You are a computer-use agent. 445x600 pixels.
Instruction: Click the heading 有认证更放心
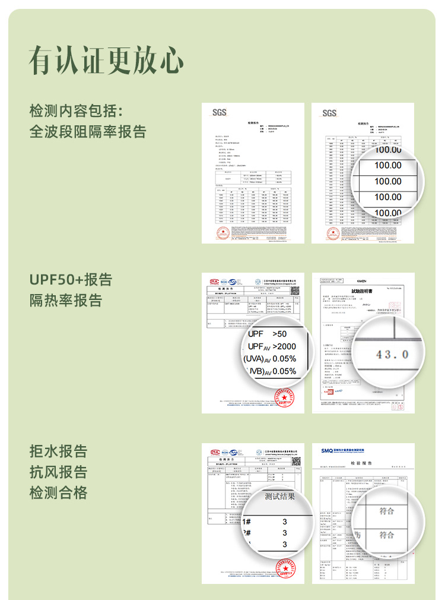pos(106,59)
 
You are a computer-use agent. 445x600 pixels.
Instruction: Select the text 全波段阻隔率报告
pos(88,131)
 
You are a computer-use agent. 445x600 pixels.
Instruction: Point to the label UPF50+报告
pos(71,280)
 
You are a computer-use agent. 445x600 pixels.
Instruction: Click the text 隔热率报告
pos(66,300)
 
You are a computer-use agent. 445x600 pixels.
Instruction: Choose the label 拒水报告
pos(58,451)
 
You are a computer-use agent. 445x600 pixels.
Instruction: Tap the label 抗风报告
pos(58,472)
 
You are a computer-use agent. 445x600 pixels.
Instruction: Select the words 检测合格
pos(58,492)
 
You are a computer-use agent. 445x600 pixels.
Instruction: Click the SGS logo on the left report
pos(219,113)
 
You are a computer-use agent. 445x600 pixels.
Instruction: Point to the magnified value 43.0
pos(393,355)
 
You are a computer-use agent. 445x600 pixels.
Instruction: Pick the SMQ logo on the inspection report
pos(328,451)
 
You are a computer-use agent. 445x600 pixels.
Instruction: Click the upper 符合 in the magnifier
pos(387,511)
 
